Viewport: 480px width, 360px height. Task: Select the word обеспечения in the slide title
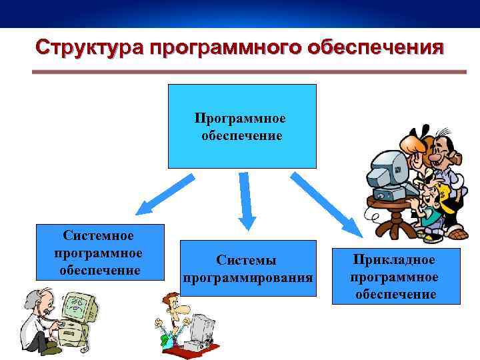(x=376, y=48)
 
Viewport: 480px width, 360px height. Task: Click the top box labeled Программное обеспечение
(x=241, y=126)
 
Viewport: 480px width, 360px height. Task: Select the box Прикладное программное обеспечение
(x=395, y=276)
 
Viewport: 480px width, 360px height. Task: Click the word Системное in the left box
(x=99, y=236)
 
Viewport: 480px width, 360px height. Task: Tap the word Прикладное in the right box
(x=395, y=259)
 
